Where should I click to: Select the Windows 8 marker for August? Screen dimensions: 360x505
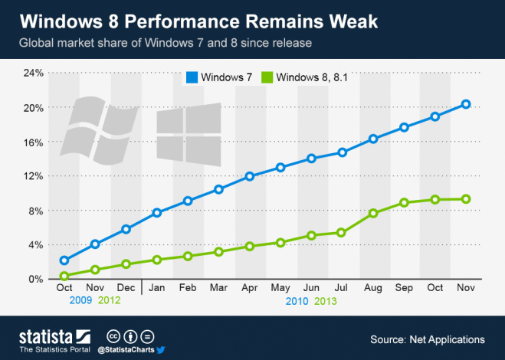pyautogui.click(x=373, y=213)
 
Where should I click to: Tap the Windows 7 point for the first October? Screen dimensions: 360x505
pyautogui.click(x=64, y=260)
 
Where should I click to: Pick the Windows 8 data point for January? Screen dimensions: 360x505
pyautogui.click(x=157, y=260)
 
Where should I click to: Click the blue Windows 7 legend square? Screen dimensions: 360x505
pyautogui.click(x=191, y=77)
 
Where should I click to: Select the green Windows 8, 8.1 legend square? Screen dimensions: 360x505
pyautogui.click(x=267, y=77)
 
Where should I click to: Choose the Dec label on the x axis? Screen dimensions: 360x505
pyautogui.click(x=126, y=288)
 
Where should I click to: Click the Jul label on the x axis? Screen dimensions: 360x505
pyautogui.click(x=342, y=288)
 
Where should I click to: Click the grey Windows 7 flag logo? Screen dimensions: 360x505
pyautogui.click(x=99, y=129)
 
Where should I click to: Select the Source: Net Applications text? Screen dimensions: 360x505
pyautogui.click(x=427, y=339)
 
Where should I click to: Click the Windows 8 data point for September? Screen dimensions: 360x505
pyautogui.click(x=404, y=203)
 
